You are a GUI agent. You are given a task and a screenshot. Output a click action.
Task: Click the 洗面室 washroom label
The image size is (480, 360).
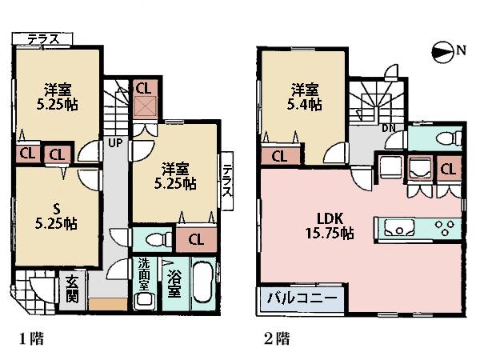pos(144,274)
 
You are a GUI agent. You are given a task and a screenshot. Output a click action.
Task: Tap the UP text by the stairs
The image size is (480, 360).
pos(115,143)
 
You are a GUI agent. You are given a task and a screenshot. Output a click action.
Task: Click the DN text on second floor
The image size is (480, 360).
pos(388,128)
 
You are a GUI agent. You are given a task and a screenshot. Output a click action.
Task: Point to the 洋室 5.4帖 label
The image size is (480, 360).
pos(303,96)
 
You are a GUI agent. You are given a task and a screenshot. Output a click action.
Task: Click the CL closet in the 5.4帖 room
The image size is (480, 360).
pos(280,156)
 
